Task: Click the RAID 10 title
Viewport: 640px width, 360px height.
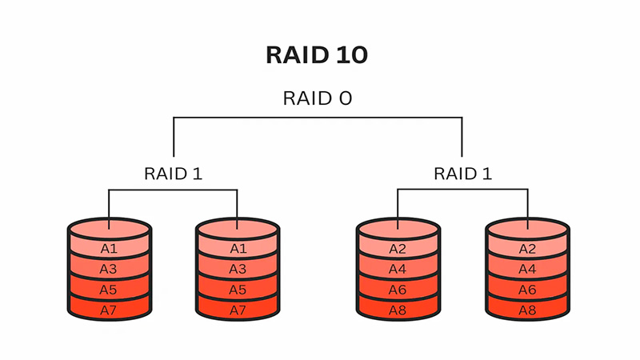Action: point(317,55)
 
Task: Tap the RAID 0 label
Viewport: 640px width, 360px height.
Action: point(317,98)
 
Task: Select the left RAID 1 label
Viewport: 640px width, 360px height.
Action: point(174,173)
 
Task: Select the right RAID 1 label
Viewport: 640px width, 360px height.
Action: point(462,173)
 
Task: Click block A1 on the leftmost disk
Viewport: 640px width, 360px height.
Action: point(109,249)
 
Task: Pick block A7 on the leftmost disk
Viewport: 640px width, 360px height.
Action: point(109,309)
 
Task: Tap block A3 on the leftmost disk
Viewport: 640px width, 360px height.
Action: point(109,270)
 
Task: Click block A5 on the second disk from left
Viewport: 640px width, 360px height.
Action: point(238,290)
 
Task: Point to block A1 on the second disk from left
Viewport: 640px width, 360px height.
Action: point(238,249)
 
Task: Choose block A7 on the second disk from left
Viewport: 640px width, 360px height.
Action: point(238,309)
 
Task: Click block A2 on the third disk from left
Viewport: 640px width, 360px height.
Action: point(398,249)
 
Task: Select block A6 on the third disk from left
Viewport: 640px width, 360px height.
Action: point(398,290)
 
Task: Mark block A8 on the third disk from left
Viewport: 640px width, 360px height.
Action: point(398,309)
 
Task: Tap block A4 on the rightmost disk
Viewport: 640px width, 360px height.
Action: point(527,270)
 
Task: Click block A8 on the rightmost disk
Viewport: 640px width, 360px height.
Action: point(527,309)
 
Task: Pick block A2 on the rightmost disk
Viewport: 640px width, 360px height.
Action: point(527,249)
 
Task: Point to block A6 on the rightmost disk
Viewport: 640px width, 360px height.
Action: point(527,290)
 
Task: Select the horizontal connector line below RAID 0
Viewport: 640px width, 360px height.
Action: point(318,118)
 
